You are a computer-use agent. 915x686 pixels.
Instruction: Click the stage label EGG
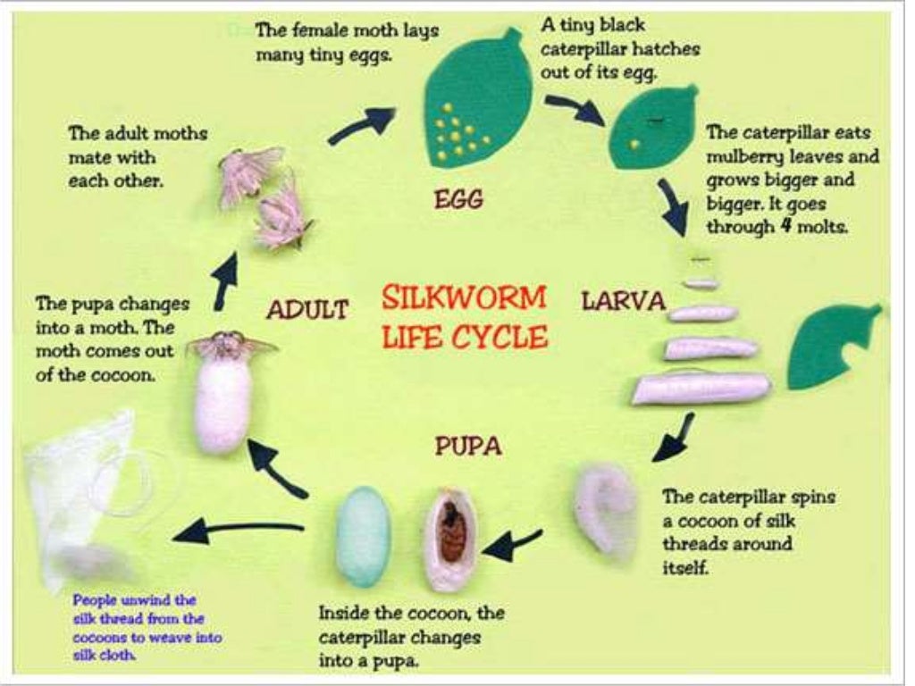[458, 199]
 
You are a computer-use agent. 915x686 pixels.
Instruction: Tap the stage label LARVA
[624, 301]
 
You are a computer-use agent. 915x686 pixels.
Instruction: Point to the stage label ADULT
[306, 310]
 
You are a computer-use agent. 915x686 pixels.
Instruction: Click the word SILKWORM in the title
[463, 297]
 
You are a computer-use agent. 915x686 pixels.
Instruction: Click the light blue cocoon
[363, 536]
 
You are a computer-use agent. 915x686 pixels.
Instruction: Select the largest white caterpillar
[701, 389]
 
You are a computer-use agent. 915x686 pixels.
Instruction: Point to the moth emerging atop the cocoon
[231, 344]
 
